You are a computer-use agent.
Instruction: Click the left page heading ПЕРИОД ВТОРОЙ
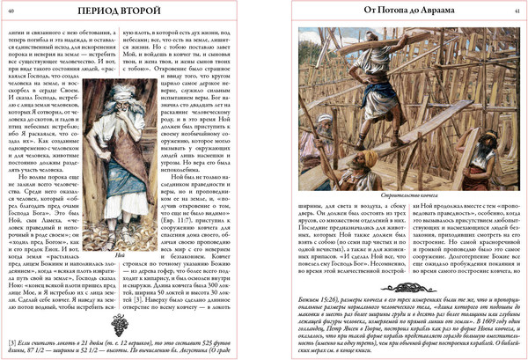pos(130,12)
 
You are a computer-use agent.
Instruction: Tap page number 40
pos(11,11)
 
